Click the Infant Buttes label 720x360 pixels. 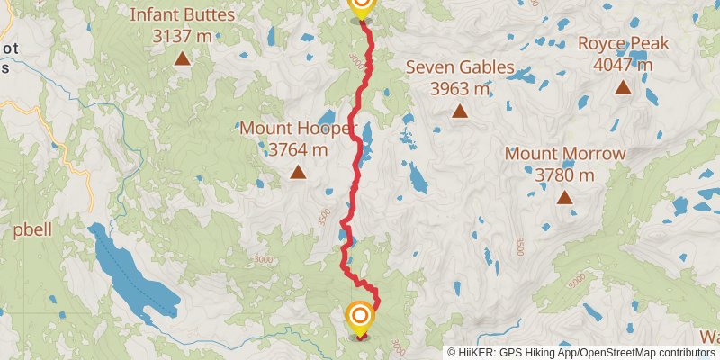click(x=183, y=15)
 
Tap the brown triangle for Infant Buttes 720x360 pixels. click(x=183, y=59)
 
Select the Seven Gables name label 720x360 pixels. click(x=460, y=67)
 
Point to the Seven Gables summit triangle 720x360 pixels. click(x=460, y=112)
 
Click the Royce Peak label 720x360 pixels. click(x=623, y=42)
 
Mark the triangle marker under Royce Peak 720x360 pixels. click(x=623, y=87)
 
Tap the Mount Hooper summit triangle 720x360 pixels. click(x=297, y=172)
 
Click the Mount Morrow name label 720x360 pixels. click(x=564, y=154)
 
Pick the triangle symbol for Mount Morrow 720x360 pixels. click(x=564, y=198)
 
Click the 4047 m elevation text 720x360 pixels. click(x=623, y=64)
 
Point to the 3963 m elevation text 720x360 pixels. click(x=460, y=89)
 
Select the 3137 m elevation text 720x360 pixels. click(x=183, y=37)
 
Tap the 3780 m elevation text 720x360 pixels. click(x=564, y=175)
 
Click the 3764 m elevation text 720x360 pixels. click(x=297, y=149)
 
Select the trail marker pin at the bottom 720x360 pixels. click(x=360, y=318)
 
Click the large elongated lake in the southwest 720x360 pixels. click(x=126, y=270)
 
